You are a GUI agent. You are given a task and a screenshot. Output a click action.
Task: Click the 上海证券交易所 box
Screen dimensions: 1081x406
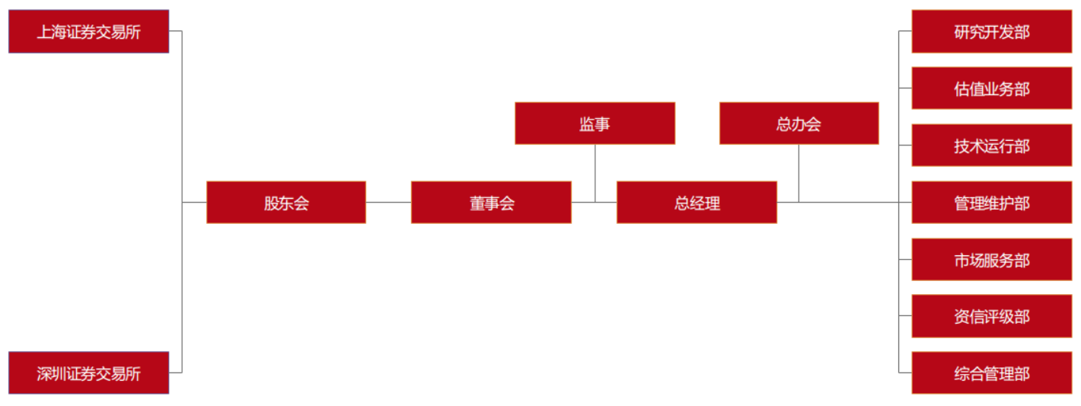(x=88, y=31)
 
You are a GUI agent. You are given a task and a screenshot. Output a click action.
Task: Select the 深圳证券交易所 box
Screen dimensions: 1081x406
(x=88, y=372)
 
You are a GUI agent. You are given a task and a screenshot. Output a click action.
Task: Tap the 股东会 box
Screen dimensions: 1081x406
(x=286, y=202)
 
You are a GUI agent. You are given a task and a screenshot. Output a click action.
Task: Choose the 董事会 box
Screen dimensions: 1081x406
(x=491, y=202)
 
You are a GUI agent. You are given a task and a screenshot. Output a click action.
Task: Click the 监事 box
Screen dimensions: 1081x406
(x=595, y=123)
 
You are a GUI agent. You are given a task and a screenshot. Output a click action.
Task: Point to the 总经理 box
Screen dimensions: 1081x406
(x=697, y=202)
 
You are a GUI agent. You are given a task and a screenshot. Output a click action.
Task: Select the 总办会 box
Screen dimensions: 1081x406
(x=799, y=123)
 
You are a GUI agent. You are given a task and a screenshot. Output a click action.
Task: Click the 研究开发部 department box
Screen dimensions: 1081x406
(x=991, y=31)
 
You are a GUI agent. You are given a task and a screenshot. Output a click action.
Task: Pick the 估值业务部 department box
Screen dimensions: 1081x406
(x=991, y=88)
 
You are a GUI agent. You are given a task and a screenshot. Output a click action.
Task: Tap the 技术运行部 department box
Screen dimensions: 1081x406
(x=991, y=145)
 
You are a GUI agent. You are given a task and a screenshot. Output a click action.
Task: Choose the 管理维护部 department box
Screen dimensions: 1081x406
(x=991, y=202)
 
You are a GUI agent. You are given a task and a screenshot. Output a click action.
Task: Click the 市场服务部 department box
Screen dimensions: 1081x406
(x=991, y=259)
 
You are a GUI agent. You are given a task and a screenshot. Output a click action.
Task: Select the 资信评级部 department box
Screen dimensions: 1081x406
(x=991, y=316)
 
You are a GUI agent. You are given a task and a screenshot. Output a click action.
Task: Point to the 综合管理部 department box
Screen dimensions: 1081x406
(x=991, y=372)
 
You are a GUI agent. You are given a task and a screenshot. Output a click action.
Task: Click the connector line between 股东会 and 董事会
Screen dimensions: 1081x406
(x=388, y=202)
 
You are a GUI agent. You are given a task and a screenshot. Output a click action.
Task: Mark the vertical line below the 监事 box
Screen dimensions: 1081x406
(x=595, y=173)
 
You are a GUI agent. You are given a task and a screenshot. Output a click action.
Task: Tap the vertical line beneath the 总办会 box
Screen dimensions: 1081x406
(x=799, y=173)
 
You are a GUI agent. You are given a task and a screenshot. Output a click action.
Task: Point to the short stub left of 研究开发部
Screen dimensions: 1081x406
(x=905, y=31)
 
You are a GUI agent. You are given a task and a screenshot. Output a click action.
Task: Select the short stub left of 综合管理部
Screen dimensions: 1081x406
(x=905, y=372)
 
